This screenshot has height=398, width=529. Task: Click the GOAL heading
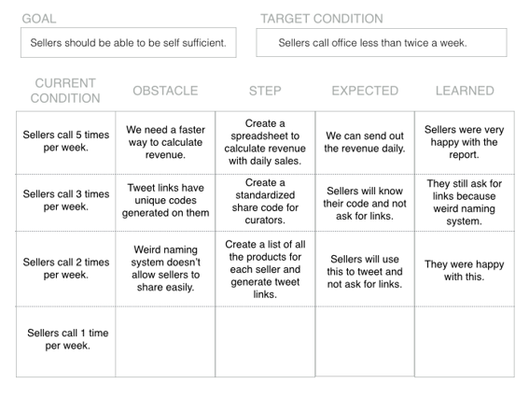[39, 19]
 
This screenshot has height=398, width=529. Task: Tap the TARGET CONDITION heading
[322, 19]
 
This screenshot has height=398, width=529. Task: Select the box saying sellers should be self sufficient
[128, 43]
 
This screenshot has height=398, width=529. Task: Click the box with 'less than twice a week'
[382, 43]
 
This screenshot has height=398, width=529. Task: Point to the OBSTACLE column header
[165, 91]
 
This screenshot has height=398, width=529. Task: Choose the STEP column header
[265, 91]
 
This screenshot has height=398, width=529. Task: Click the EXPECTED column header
[365, 91]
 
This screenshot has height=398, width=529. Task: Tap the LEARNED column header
[465, 91]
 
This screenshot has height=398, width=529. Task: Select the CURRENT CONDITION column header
[65, 91]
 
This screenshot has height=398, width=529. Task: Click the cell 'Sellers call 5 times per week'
[66, 143]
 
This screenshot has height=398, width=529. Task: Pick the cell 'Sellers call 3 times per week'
[66, 203]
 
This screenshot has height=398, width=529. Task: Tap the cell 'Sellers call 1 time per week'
[66, 342]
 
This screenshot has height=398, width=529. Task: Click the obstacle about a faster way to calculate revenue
[165, 143]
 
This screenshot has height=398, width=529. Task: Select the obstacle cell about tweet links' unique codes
[165, 203]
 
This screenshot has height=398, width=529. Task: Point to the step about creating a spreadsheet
[265, 143]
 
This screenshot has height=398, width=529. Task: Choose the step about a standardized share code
[265, 203]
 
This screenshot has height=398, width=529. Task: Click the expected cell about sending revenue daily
[365, 143]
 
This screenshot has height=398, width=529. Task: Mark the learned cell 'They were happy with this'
[465, 269]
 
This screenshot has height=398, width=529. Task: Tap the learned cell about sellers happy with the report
[465, 143]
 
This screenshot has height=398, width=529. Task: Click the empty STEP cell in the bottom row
[265, 342]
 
